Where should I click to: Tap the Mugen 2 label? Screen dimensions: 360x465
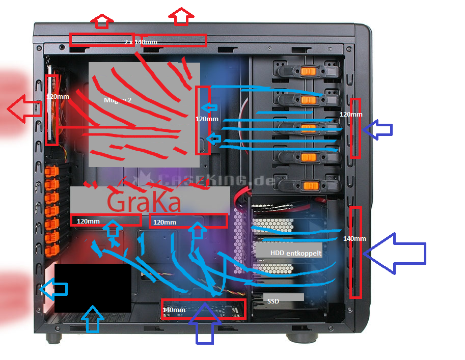[118, 100]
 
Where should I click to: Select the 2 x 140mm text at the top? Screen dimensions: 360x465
[141, 42]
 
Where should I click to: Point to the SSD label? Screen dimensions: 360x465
[273, 301]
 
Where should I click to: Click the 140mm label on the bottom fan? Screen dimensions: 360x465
[174, 310]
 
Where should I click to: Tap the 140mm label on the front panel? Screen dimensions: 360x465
[354, 238]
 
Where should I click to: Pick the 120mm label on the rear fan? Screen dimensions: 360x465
[57, 96]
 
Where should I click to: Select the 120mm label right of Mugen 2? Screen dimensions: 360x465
[207, 119]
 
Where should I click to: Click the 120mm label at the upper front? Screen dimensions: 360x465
[351, 115]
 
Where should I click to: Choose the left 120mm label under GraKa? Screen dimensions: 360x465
[89, 221]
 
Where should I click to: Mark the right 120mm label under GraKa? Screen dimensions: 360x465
[165, 223]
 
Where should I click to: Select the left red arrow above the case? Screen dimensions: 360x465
[102, 21]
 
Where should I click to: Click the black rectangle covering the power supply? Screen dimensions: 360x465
[92, 288]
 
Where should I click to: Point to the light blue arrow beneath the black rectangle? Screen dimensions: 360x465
[92, 319]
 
